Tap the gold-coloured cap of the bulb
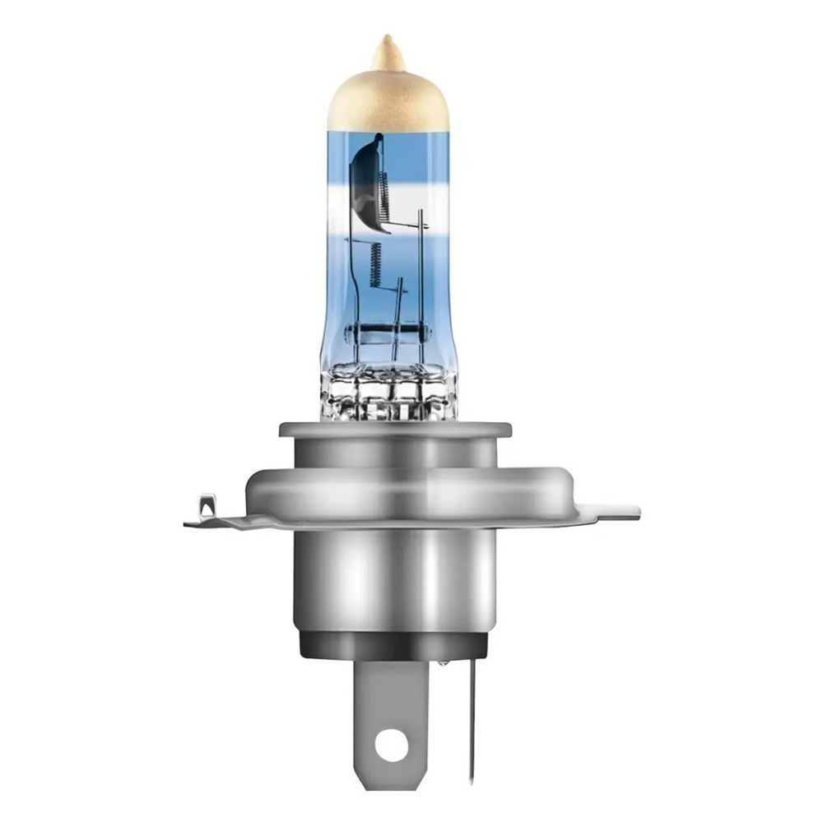click(x=386, y=103)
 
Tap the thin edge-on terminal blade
click(x=471, y=716)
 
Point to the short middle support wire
click(x=399, y=305)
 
